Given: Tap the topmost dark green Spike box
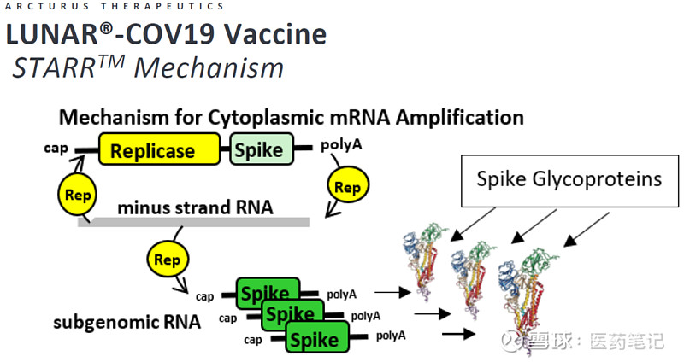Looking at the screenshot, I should click(267, 293).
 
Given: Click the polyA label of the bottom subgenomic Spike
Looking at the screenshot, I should click(391, 335).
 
